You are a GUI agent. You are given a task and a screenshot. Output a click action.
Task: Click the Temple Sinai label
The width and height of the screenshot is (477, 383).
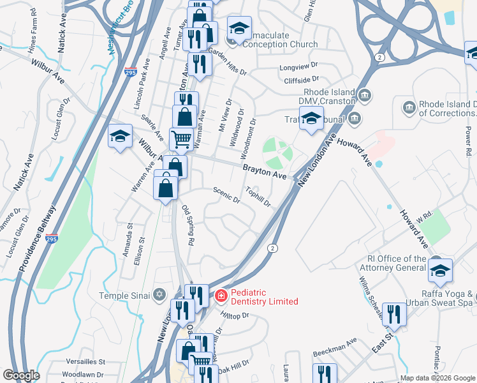124,295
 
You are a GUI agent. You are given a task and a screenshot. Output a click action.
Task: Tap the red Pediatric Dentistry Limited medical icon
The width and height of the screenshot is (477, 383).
221,296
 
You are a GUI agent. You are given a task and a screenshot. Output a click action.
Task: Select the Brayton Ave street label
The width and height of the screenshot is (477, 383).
263,170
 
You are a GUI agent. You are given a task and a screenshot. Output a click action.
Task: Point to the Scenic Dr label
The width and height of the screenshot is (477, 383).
226,194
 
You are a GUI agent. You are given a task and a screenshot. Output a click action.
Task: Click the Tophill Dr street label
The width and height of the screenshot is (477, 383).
259,197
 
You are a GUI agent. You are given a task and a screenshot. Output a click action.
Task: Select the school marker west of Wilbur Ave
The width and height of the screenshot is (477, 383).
120,136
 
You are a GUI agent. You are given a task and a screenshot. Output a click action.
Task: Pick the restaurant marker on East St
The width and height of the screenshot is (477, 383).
394,313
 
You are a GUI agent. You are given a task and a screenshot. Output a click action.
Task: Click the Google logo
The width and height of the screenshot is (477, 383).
22,375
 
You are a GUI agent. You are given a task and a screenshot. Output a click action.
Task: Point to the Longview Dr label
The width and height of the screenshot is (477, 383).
298,68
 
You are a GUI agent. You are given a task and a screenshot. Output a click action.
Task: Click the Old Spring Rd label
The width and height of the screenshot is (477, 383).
187,225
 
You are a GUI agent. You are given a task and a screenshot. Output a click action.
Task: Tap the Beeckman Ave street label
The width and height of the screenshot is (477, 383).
335,349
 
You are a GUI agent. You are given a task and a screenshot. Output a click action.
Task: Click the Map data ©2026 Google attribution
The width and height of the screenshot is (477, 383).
437,378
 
